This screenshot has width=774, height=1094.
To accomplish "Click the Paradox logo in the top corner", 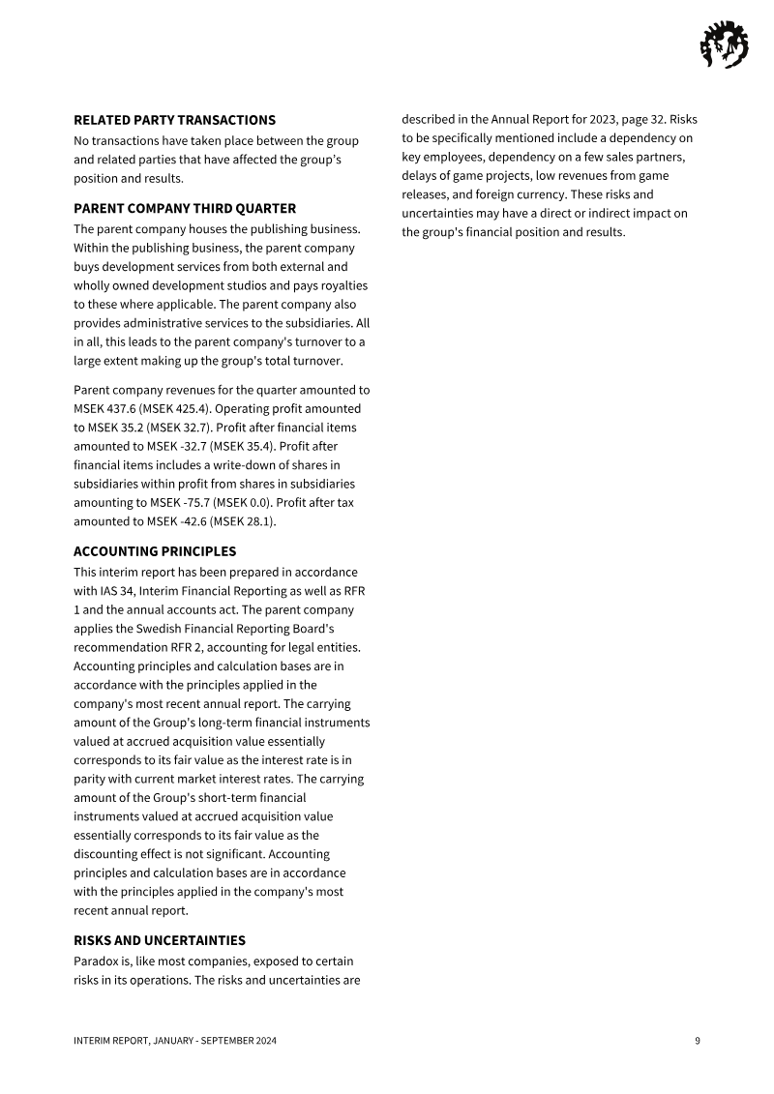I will pyautogui.click(x=724, y=44).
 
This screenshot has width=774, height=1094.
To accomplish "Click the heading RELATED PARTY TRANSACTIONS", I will pyautogui.click(x=174, y=120).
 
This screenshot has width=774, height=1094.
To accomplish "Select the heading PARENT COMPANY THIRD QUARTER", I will pyautogui.click(x=185, y=208).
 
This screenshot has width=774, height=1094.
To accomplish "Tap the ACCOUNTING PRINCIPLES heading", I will pyautogui.click(x=155, y=551).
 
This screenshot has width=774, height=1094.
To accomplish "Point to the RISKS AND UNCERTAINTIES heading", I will pyautogui.click(x=160, y=940).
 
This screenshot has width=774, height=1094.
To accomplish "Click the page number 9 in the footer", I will pyautogui.click(x=697, y=1041).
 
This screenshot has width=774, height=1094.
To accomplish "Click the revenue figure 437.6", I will pyautogui.click(x=125, y=408).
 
